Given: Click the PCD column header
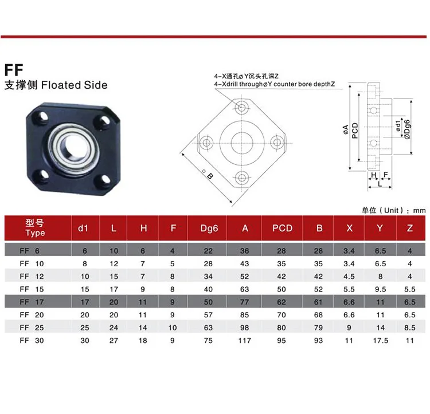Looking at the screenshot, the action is coord(282,228).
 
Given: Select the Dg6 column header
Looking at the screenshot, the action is coord(209,228).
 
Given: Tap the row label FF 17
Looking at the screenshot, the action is coord(32,302).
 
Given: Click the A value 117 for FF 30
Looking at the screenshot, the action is coord(245,340).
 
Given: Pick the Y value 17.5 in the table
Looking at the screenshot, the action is coord(380,340).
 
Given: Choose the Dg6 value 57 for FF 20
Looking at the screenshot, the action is coord(208,315).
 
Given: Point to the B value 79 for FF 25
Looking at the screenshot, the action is coord(318,328).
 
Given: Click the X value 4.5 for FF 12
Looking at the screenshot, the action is coord(349,277).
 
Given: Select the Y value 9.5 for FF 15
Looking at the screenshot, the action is coord(380,289).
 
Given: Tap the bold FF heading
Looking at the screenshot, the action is coord(14,70).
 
